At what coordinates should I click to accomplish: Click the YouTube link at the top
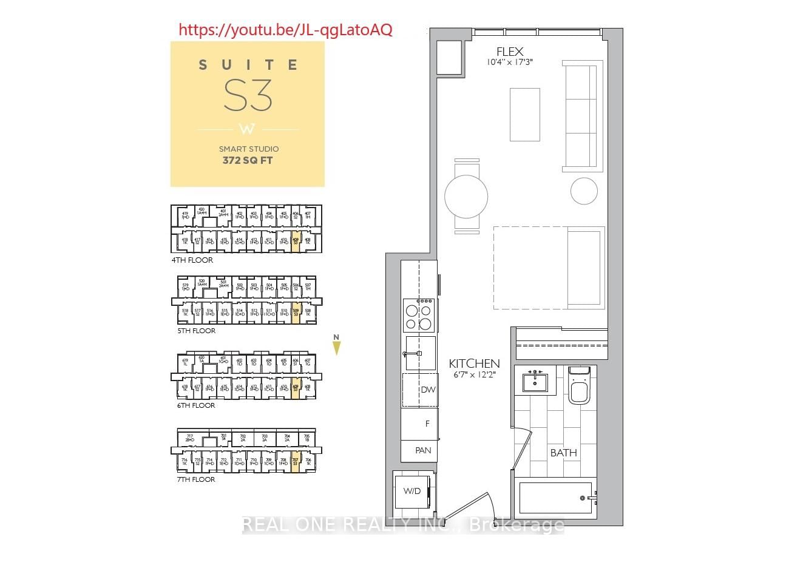click(x=285, y=29)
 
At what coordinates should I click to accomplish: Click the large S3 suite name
click(x=248, y=95)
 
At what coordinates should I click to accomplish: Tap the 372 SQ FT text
click(x=248, y=161)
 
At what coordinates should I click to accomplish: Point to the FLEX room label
click(x=509, y=52)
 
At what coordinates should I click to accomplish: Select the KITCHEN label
click(x=474, y=364)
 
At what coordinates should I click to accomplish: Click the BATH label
click(x=563, y=453)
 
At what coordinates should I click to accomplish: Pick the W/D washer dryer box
click(x=413, y=491)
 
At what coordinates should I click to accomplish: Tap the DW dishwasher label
click(x=428, y=390)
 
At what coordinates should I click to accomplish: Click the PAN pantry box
click(x=423, y=450)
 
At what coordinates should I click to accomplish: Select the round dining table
click(x=466, y=196)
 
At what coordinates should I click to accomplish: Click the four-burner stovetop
click(x=419, y=316)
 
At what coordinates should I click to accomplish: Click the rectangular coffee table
click(x=524, y=114)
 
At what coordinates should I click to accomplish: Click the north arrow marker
click(x=336, y=347)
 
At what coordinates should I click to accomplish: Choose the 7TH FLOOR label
click(x=196, y=479)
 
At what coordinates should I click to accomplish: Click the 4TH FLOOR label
click(x=192, y=260)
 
